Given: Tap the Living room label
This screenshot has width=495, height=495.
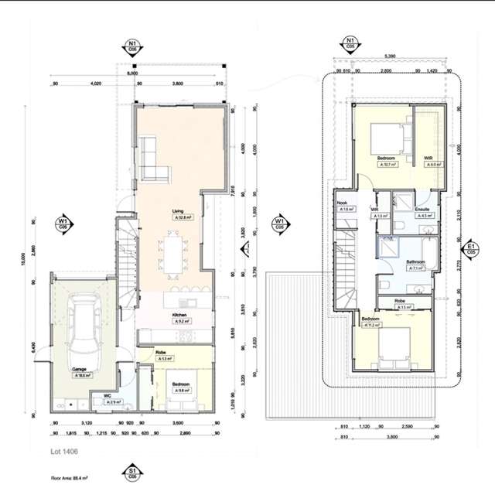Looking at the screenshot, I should (x=178, y=210).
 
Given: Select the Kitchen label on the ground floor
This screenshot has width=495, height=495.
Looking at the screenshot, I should (x=179, y=316).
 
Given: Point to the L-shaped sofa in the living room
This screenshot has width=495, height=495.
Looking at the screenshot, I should (x=150, y=159).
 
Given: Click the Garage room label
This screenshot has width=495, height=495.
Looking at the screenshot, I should (x=79, y=370).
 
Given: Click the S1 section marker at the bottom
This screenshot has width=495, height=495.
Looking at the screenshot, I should (x=133, y=472).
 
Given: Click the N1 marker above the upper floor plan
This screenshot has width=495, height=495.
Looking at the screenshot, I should (x=350, y=43).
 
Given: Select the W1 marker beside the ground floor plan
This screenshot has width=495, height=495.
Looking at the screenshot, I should (x=63, y=224).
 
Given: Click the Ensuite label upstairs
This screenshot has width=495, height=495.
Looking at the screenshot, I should (x=422, y=210).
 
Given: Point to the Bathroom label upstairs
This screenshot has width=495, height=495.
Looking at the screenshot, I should (x=416, y=262).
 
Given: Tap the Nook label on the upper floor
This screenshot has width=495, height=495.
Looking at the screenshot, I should (x=342, y=202).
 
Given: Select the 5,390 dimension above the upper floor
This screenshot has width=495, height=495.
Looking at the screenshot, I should (x=391, y=56).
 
